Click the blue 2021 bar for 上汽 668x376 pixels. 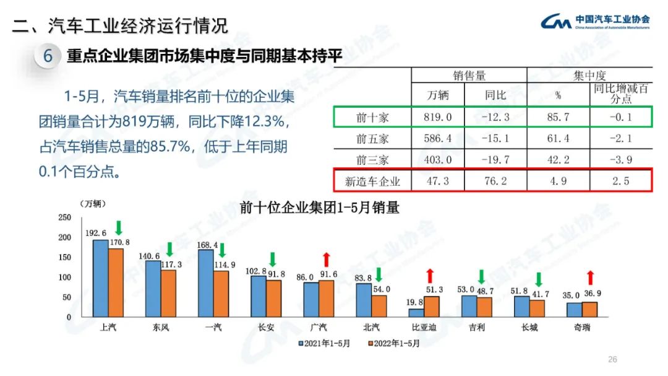tap(100, 278)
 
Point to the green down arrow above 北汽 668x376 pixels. tap(379, 274)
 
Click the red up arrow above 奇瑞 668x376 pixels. tap(590, 278)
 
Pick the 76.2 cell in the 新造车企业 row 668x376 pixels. tap(496, 181)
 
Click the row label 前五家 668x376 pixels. tap(373, 138)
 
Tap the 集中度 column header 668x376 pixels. tap(589, 76)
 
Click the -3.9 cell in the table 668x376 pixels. tap(620, 160)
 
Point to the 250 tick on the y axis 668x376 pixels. tap(64, 217)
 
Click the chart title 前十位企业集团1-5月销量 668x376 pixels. tap(319, 208)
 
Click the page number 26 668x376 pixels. tap(613, 360)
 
